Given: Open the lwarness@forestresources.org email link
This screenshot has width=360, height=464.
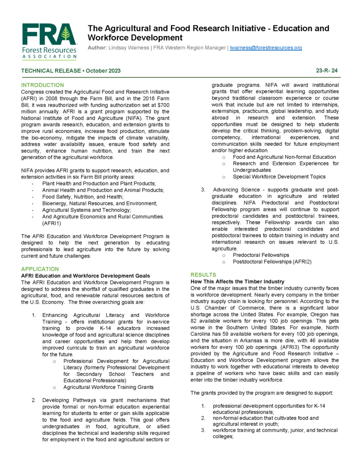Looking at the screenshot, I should (x=266, y=48).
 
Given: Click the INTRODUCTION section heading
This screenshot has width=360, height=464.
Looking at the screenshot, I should (x=43, y=85).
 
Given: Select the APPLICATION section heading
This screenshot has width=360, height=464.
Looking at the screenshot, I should (x=40, y=269).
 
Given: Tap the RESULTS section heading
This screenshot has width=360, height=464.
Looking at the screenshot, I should (x=203, y=275).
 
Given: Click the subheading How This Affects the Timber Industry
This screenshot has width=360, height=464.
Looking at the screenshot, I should (x=237, y=281).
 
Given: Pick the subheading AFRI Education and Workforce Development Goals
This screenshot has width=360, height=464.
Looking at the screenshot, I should (x=86, y=275).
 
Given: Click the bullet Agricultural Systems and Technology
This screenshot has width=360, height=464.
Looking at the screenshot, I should (x=86, y=210).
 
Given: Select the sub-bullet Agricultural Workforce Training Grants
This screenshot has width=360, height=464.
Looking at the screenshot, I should (x=108, y=387).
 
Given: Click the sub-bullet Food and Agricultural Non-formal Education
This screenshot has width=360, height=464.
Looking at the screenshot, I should (x=284, y=157).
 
